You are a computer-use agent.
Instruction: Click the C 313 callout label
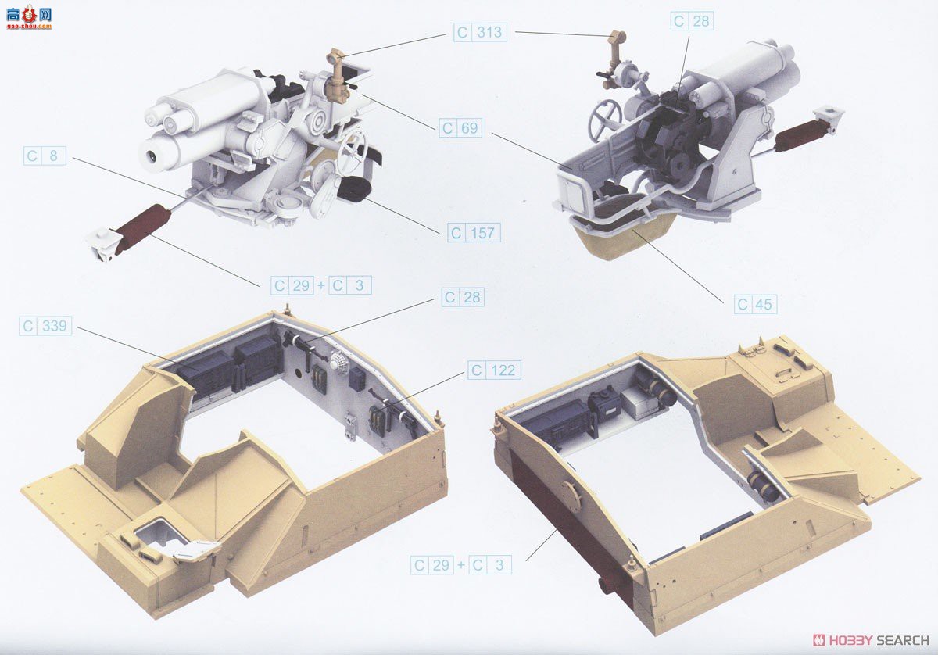point(480,32)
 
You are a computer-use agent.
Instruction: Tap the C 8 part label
point(45,156)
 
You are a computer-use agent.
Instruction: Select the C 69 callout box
point(460,127)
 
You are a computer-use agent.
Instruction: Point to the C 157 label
point(474,233)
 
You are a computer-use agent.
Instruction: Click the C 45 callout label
point(755,304)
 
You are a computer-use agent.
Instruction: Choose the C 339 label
point(45,326)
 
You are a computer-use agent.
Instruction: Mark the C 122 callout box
point(494,370)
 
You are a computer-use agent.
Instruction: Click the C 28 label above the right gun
point(693,21)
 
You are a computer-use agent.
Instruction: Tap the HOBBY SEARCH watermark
point(871,640)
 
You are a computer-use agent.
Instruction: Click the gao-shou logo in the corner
point(30,16)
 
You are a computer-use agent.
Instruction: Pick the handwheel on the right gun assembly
point(605,120)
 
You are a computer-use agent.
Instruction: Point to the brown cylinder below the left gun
point(142,229)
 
